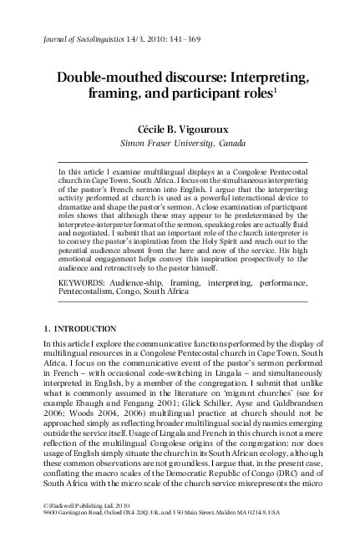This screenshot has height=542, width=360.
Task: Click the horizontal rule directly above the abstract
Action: click(x=180, y=161)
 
